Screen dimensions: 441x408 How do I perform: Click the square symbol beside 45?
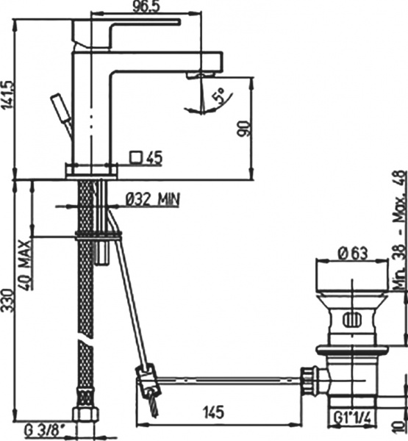click(x=135, y=157)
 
